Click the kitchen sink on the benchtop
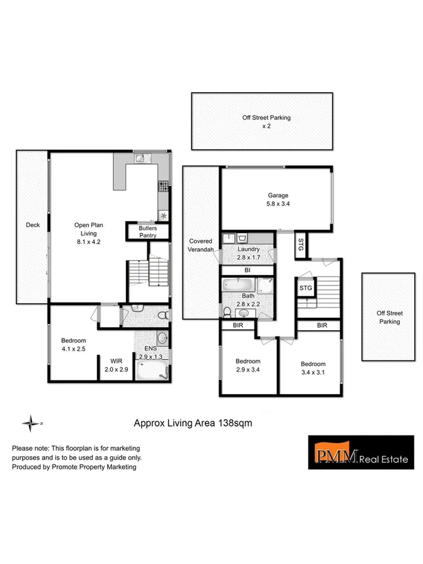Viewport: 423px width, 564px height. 140,159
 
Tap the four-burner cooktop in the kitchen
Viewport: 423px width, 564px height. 164,185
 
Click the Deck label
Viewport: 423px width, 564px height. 33,226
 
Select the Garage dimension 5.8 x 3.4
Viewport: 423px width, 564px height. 276,204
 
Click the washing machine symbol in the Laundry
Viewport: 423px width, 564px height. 243,238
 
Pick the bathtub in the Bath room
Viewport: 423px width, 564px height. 238,285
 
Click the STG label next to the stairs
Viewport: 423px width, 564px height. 305,288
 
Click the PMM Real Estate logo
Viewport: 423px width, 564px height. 360,452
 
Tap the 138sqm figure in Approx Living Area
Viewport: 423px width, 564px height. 235,423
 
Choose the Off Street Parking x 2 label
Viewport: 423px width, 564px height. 266,121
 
